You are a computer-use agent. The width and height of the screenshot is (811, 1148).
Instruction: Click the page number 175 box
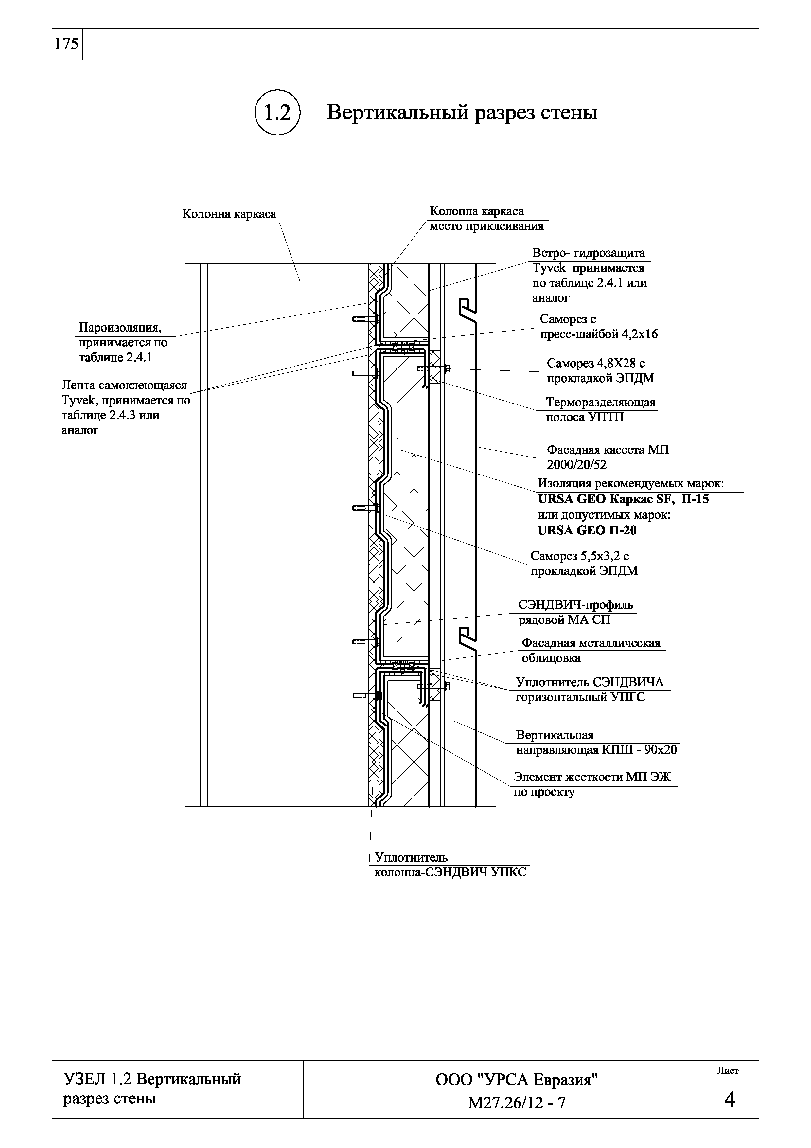tap(67, 45)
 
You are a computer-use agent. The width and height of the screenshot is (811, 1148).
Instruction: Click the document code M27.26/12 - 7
tap(517, 1103)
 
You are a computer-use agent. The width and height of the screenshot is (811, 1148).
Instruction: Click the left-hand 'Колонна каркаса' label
tap(229, 214)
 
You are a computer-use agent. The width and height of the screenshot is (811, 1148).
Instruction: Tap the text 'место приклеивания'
tap(486, 226)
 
